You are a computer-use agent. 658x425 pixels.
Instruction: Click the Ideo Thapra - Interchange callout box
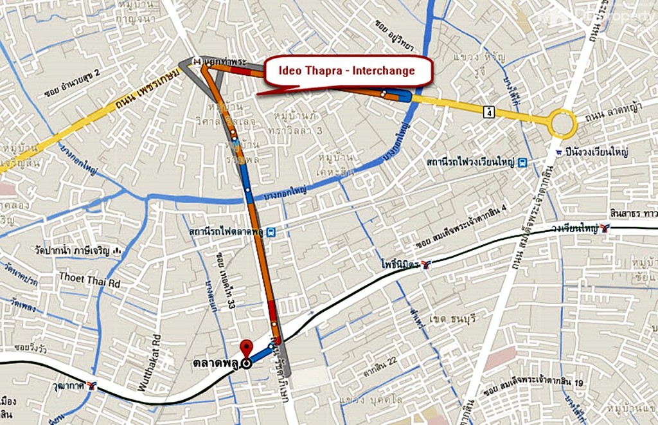[347, 71]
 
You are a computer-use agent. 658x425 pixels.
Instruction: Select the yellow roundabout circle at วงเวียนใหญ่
[562, 123]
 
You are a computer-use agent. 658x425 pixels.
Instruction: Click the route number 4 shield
[490, 112]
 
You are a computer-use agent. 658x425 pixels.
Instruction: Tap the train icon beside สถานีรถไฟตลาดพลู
[272, 231]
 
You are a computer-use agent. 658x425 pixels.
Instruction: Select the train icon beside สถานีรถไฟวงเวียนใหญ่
[523, 163]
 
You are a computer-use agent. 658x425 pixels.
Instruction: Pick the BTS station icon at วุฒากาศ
[93, 386]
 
